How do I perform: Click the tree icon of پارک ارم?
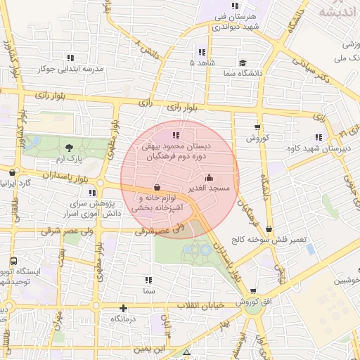tap(70, 147)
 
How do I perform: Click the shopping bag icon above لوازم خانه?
tap(156, 188)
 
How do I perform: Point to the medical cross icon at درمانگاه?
tap(124, 308)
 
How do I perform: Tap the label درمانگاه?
tap(124, 319)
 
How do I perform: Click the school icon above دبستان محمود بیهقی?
tap(176, 134)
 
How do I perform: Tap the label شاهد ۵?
tap(202, 63)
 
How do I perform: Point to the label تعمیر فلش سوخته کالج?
tap(271, 240)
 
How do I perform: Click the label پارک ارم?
tap(70, 159)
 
